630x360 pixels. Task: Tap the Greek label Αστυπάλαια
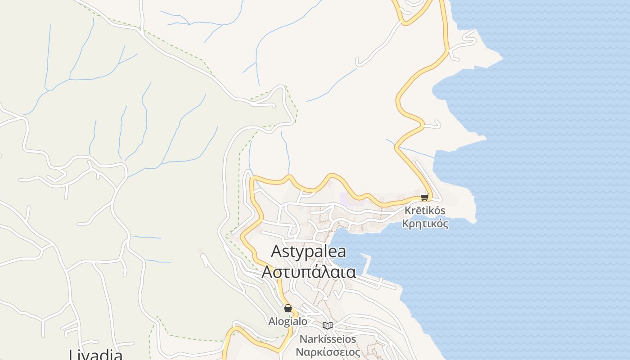pyautogui.click(x=309, y=272)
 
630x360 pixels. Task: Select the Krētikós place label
pyautogui.click(x=424, y=211)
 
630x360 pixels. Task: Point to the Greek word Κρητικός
pyautogui.click(x=425, y=224)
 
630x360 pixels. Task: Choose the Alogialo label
pyautogui.click(x=288, y=321)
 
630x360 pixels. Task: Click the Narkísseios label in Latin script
pyautogui.click(x=328, y=339)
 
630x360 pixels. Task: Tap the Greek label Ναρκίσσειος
pyautogui.click(x=328, y=352)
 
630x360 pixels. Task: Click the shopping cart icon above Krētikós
pyautogui.click(x=424, y=197)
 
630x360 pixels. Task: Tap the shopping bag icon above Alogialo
pyautogui.click(x=288, y=309)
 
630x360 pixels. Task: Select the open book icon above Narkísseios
pyautogui.click(x=328, y=325)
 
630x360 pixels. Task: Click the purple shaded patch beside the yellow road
pyautogui.click(x=346, y=198)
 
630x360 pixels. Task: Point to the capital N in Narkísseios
pyautogui.click(x=304, y=339)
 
